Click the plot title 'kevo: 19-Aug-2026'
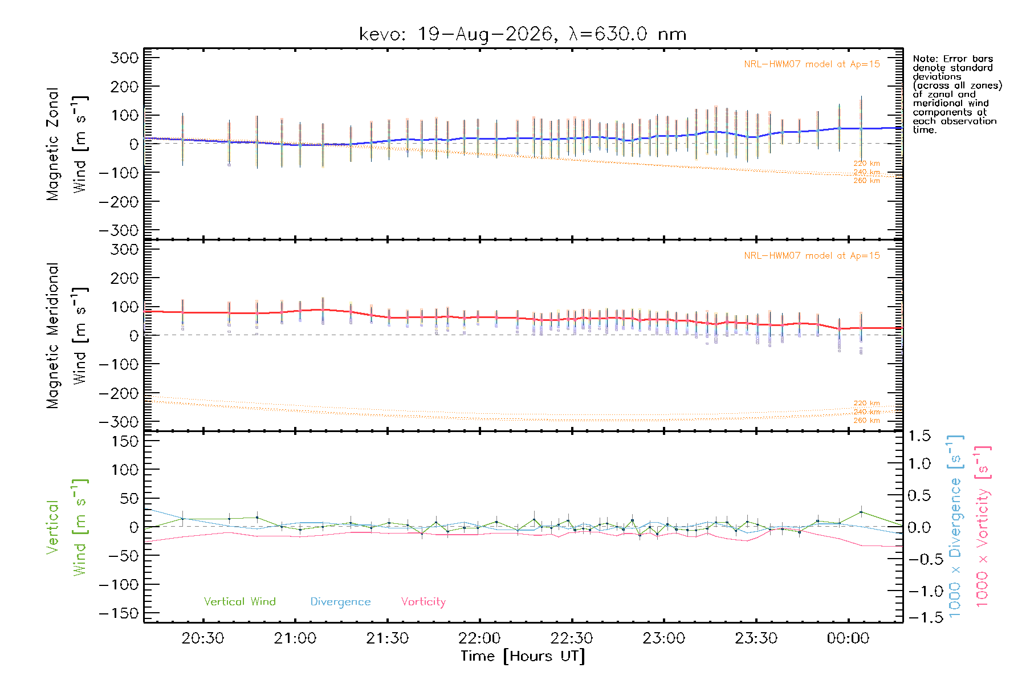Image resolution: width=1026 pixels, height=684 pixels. [457, 34]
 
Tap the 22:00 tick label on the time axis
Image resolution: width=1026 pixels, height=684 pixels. [479, 638]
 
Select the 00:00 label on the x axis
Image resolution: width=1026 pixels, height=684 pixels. [848, 638]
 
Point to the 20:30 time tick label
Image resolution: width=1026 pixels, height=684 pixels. [202, 638]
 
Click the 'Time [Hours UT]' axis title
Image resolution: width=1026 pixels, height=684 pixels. [523, 656]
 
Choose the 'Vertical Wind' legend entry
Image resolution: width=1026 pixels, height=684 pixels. [239, 601]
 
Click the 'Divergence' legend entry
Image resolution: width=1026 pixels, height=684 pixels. [340, 602]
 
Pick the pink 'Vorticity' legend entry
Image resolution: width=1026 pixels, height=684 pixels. [423, 602]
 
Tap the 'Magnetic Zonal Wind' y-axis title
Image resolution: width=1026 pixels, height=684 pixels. [67, 144]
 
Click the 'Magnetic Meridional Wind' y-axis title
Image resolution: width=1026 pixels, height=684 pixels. [67, 336]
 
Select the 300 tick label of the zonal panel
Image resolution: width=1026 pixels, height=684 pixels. [124, 58]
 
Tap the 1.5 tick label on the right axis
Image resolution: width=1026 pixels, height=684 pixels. [919, 436]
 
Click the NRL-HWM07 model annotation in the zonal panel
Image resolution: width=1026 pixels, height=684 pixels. [812, 64]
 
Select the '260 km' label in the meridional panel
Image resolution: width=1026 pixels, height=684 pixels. [866, 421]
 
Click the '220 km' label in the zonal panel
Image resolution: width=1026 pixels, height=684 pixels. [866, 164]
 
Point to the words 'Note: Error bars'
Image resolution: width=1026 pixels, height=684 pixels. [952, 59]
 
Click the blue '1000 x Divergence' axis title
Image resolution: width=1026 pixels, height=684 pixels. [956, 526]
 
